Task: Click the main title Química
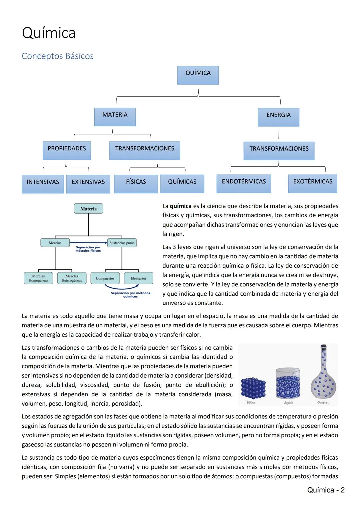tap(49, 33)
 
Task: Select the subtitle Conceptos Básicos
tap(58, 56)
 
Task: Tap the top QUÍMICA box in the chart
tap(198, 75)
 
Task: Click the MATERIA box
tap(115, 117)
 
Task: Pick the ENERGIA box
tap(278, 117)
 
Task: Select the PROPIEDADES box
tap(67, 150)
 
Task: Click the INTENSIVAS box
tap(43, 184)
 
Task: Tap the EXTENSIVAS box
tap(88, 184)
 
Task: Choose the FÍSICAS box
tap(136, 184)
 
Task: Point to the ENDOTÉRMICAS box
tap(244, 183)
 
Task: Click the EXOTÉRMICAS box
tap(312, 183)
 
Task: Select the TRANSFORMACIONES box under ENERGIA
tap(279, 151)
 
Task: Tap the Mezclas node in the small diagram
tap(55, 243)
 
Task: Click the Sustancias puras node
tap(122, 243)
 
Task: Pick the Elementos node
tap(138, 278)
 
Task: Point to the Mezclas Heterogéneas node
tap(72, 278)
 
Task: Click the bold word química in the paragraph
tap(181, 206)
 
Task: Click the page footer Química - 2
tap(326, 490)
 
